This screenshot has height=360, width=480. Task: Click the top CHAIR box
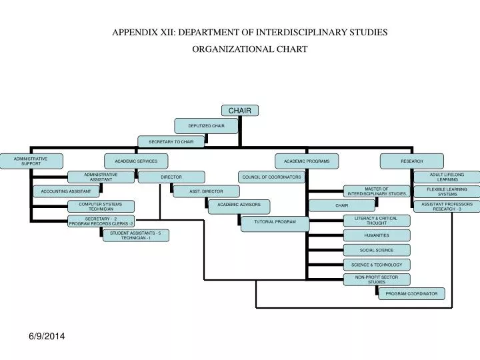coord(239,110)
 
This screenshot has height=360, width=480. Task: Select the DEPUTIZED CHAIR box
coord(206,125)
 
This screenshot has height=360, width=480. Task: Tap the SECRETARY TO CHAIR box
coord(171,141)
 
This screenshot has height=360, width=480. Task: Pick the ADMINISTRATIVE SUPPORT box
coord(31,161)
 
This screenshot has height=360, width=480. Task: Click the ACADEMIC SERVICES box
coord(136,161)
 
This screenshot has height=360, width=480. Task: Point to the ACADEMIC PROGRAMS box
coord(307,161)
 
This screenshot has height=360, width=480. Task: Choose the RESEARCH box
coord(411,161)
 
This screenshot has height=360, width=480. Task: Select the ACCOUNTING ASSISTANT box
coord(66,191)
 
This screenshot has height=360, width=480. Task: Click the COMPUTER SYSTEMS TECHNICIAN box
coord(101,207)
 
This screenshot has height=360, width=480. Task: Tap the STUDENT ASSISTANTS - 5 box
coord(135,235)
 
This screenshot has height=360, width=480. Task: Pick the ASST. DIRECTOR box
coord(206,191)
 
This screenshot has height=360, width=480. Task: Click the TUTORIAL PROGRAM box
coord(275,223)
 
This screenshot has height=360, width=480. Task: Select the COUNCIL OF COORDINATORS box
coord(271,177)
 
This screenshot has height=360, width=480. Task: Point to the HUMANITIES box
coord(377,235)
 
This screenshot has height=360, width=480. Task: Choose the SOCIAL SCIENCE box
coord(377,250)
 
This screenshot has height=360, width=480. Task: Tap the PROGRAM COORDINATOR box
coord(411,293)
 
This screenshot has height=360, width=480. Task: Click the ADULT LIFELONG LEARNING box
coord(447,177)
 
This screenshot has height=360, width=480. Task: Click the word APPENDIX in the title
coord(134,31)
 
